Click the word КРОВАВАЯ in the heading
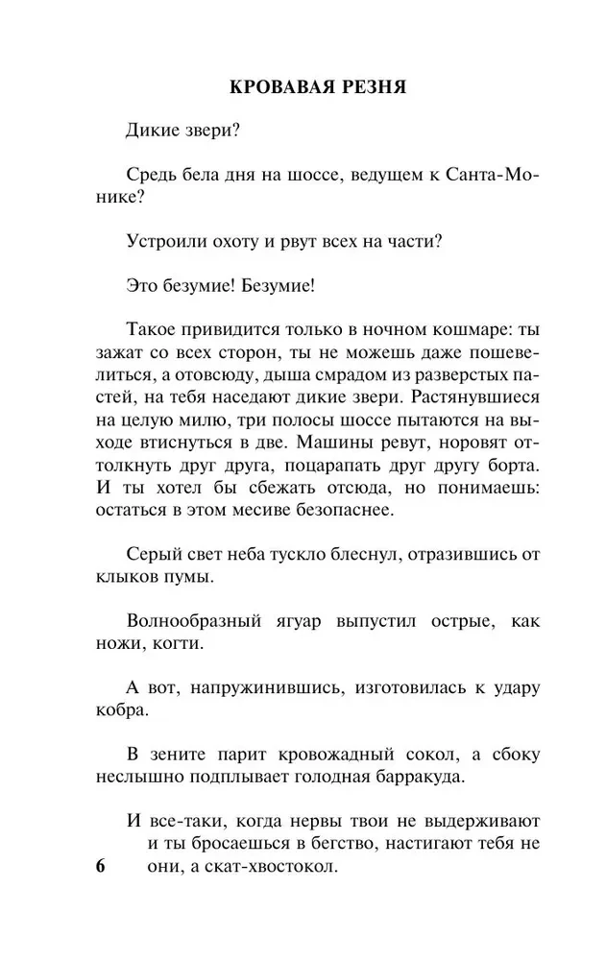click(279, 87)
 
